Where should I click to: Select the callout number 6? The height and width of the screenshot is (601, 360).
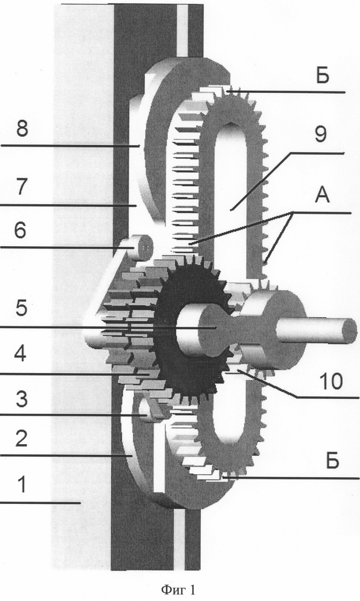(x=20, y=231)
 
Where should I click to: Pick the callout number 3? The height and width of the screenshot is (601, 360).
(x=21, y=399)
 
